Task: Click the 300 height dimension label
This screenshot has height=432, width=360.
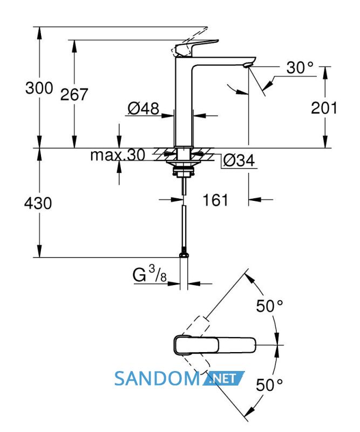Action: [39, 88]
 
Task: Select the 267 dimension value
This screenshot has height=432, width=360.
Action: [74, 94]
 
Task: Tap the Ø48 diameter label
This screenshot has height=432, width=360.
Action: [144, 109]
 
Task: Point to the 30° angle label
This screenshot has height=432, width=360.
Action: [300, 67]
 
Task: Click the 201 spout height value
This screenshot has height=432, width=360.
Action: [324, 107]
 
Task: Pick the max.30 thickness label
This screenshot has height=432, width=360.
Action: [118, 155]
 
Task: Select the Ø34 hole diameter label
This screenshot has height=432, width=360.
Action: [239, 160]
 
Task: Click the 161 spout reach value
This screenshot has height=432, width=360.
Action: [215, 200]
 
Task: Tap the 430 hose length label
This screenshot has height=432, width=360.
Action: [38, 204]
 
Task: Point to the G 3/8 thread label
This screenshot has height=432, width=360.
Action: [150, 274]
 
